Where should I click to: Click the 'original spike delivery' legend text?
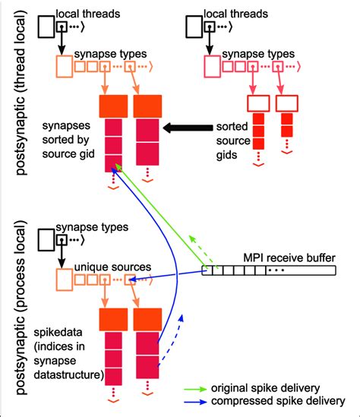pos(276,387)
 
